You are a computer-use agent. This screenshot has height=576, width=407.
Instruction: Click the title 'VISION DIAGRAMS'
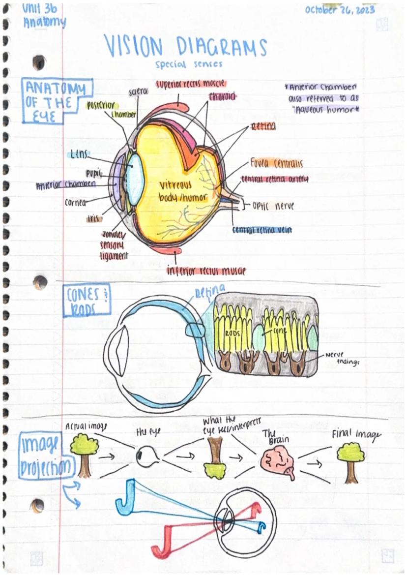tap(186, 48)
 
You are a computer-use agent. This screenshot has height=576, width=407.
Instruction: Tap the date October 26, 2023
tap(340, 10)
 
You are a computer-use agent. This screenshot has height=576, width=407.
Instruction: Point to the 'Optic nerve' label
tap(273, 206)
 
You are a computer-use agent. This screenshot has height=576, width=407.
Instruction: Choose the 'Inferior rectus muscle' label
tap(206, 271)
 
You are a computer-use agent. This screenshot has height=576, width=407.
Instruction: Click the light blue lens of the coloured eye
tap(136, 178)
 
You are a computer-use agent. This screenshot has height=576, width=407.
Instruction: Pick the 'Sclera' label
tap(138, 92)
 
